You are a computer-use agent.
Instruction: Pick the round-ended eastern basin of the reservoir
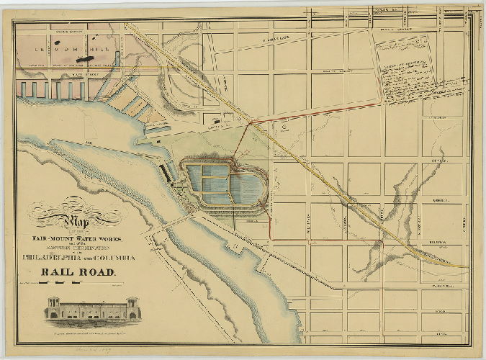tap(251, 189)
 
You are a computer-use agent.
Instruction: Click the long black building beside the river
tap(168, 174)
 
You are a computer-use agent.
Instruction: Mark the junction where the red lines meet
tap(249, 123)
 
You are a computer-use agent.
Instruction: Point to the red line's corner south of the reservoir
tap(271, 235)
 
